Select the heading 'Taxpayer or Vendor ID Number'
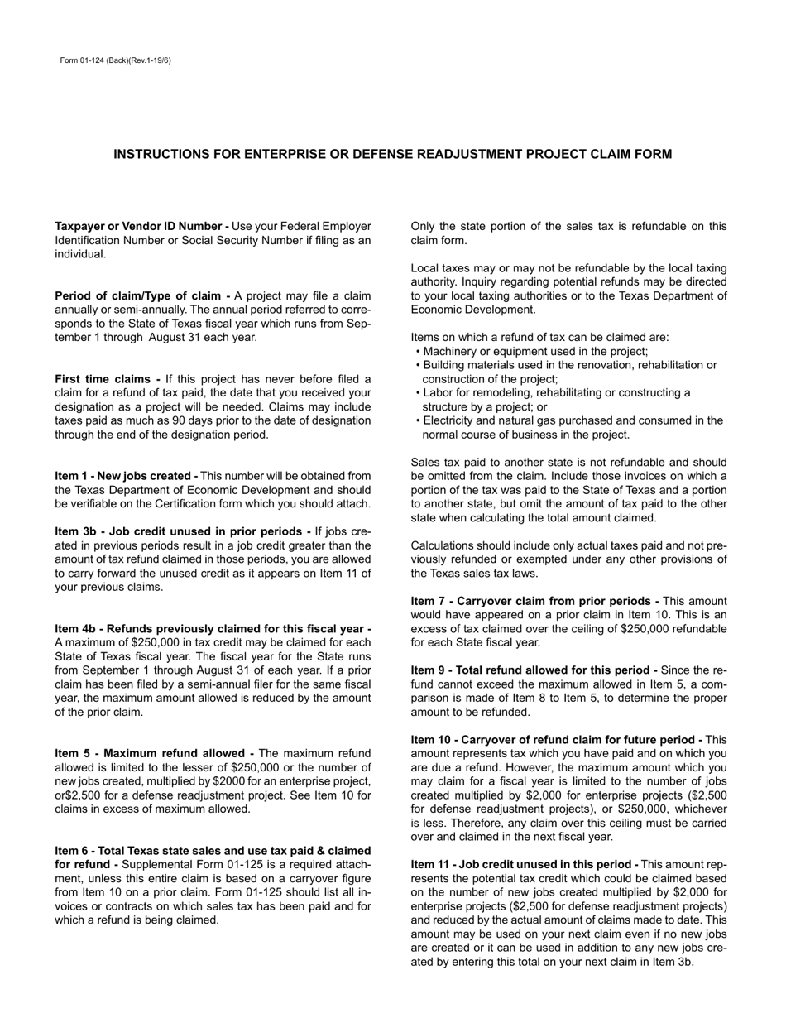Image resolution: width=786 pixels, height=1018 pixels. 141,227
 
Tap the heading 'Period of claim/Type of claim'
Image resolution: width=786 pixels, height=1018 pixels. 142,296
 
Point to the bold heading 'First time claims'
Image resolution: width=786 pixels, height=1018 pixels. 108,380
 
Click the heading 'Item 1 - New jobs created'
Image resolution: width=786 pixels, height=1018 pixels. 126,476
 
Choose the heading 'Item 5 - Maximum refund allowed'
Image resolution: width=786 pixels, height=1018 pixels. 154,754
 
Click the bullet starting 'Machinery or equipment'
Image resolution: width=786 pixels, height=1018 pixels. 534,352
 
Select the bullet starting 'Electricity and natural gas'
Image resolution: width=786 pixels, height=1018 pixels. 572,420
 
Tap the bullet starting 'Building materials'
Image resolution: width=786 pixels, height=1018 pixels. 569,365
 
